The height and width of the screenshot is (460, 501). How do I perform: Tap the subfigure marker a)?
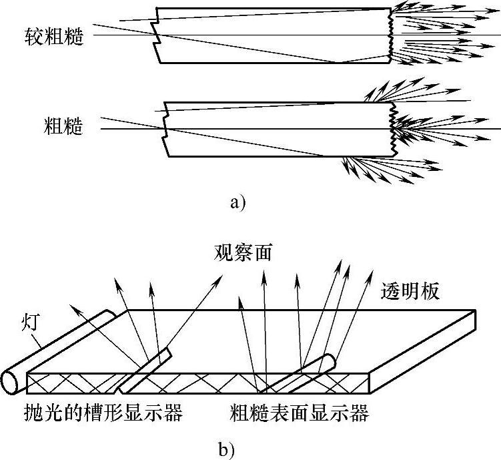tap(237, 202)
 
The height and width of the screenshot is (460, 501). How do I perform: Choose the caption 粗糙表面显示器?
tap(300, 414)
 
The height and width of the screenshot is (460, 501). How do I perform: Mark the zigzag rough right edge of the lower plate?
tap(393, 130)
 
